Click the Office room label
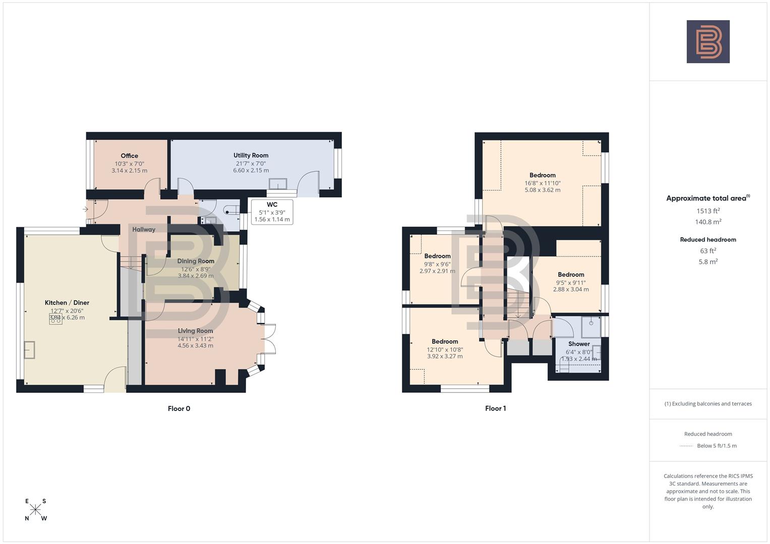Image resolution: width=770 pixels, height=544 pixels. (129, 156)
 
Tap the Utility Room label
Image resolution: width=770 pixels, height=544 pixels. (251, 156)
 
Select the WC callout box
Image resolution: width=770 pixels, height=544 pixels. (272, 212)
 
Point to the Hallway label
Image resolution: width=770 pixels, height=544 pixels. (144, 230)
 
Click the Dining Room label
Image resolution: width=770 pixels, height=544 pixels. (196, 261)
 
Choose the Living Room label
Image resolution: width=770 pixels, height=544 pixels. (195, 331)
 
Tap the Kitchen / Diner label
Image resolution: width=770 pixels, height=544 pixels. (67, 303)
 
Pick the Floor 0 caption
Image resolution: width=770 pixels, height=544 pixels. (179, 409)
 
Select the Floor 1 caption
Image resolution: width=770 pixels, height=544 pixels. (495, 409)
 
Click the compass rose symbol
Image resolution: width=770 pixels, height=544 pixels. (35, 510)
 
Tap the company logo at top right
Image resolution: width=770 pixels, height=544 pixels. (708, 42)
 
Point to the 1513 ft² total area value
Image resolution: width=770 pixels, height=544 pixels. (708, 211)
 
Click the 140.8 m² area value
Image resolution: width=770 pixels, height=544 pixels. (708, 222)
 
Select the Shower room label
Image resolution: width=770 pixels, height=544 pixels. (579, 344)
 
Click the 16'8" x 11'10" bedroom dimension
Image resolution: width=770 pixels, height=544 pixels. (543, 183)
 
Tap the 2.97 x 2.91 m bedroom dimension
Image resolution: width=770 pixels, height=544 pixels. (437, 271)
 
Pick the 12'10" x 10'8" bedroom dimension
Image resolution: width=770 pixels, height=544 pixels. (445, 350)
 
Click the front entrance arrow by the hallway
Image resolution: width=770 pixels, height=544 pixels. (86, 209)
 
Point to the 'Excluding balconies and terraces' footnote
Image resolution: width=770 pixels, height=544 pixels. (708, 404)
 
